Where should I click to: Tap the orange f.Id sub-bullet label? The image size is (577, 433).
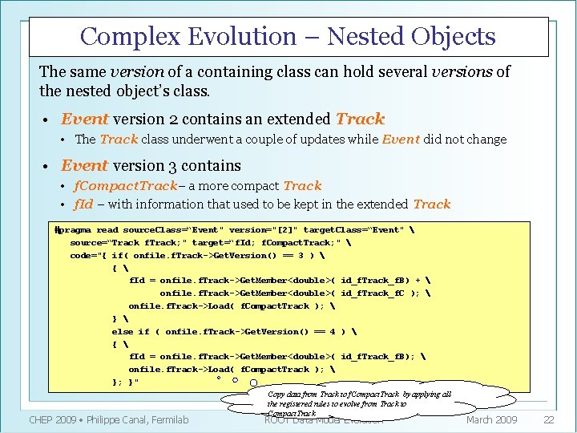pos(84,204)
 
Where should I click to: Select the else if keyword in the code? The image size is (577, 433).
pos(131,331)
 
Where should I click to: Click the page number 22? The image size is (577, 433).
pos(549,420)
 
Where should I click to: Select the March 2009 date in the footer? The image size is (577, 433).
pos(492,420)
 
